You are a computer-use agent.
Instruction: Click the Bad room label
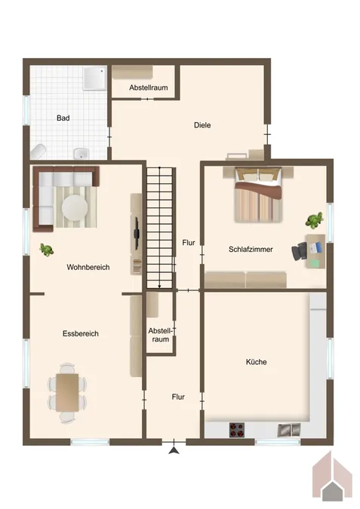pyautogui.click(x=63, y=118)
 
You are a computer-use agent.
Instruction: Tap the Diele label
pyautogui.click(x=202, y=125)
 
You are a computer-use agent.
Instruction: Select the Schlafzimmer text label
pyautogui.click(x=251, y=249)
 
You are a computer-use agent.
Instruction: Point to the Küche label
pyautogui.click(x=256, y=362)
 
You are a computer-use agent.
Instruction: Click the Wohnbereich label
pyautogui.click(x=89, y=267)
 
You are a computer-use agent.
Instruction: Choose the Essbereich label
pyautogui.click(x=81, y=333)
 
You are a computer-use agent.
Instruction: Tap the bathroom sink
pyautogui.click(x=82, y=155)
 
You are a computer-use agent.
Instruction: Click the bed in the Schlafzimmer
pyautogui.click(x=257, y=197)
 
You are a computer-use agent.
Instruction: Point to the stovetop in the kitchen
pyautogui.click(x=237, y=431)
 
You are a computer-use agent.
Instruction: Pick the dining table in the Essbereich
pyautogui.click(x=67, y=391)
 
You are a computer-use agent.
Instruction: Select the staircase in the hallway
pyautogui.click(x=160, y=226)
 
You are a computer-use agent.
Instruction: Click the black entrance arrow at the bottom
pyautogui.click(x=175, y=451)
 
